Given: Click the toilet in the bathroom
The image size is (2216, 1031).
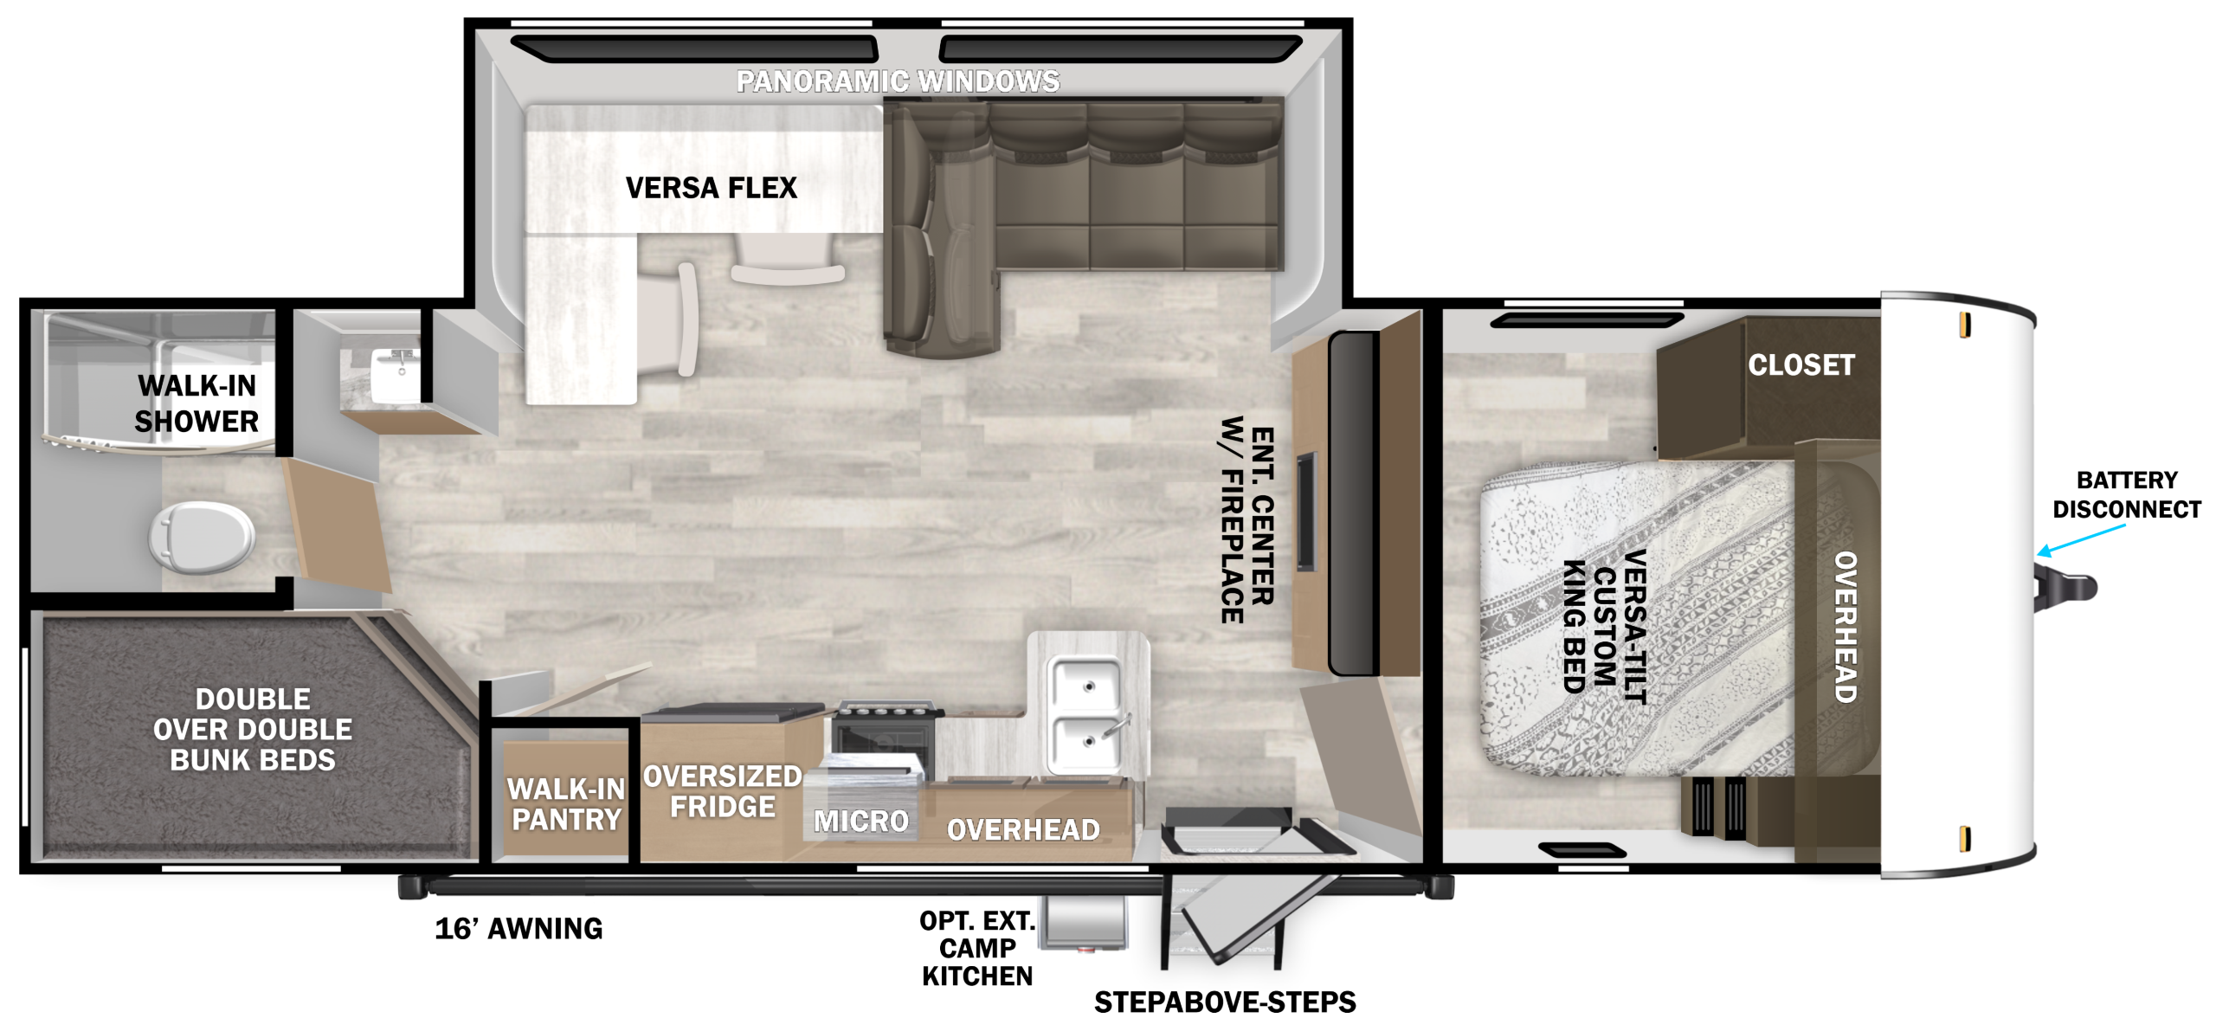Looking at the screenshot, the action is [201, 536].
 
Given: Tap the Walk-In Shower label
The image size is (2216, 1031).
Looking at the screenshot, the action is [197, 403].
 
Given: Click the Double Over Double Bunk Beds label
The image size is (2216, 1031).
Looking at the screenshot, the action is [253, 729].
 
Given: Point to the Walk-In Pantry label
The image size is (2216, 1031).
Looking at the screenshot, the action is [566, 804].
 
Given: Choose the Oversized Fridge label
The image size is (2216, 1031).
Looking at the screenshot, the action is [723, 791].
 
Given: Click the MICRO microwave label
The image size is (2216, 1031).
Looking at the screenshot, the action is [861, 821].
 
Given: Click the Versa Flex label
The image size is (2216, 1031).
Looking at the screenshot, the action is [712, 188].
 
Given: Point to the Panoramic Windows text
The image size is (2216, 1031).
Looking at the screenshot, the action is [898, 81].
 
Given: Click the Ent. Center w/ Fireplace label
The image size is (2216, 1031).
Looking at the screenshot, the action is [1247, 519].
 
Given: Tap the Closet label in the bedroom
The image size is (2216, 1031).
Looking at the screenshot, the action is [1801, 364].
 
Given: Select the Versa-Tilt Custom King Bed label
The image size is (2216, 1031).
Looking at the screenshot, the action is [1604, 625].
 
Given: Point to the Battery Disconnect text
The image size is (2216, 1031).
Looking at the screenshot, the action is [2127, 494].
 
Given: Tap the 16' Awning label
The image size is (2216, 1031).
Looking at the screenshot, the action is [519, 928].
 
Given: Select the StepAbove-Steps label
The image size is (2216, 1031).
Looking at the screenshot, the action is [1225, 1002].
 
